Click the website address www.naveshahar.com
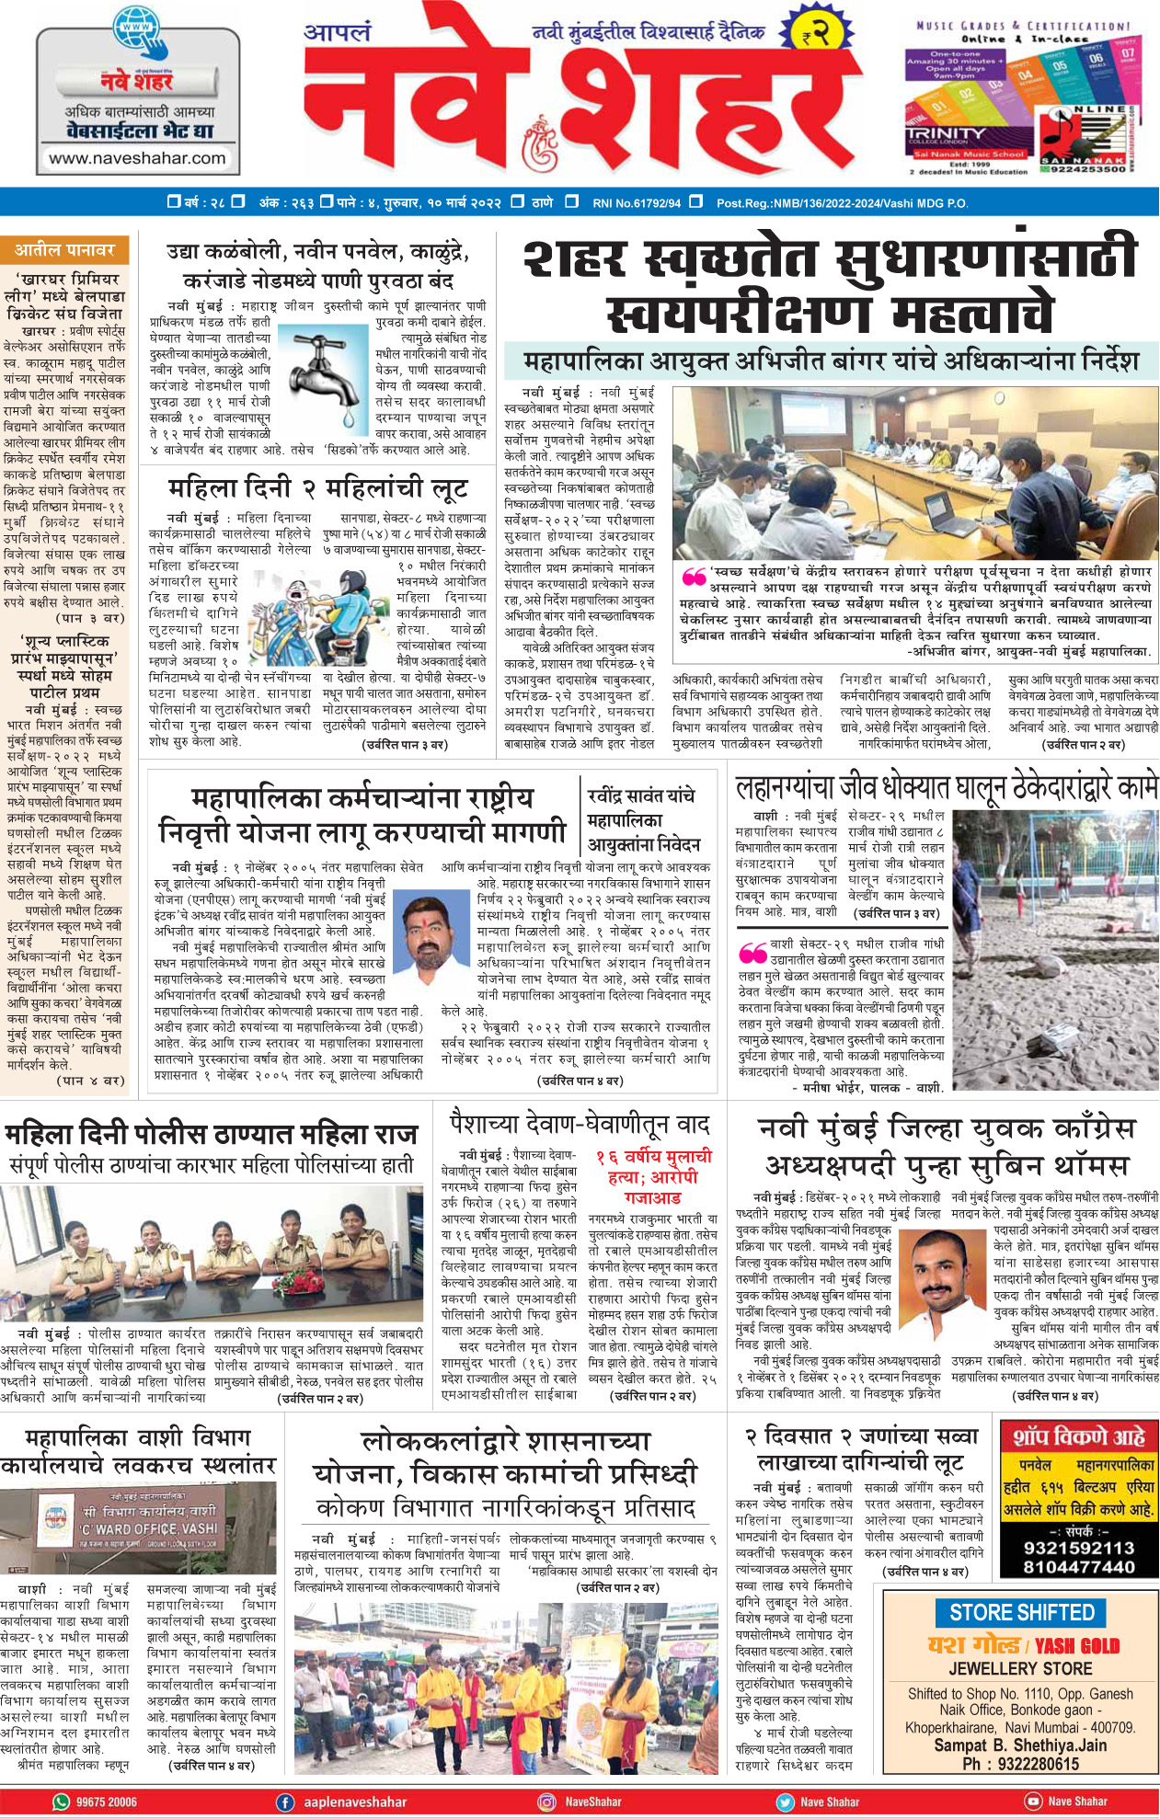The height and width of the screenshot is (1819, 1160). click(x=137, y=157)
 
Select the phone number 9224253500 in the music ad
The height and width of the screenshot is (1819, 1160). click(x=1088, y=169)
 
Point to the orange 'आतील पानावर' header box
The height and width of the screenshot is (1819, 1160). click(x=64, y=249)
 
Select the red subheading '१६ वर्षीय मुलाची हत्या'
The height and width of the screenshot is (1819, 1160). click(x=652, y=1167)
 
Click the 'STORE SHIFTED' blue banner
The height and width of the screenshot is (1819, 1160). click(x=1021, y=1612)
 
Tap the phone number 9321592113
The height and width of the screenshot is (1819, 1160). click(x=1079, y=1547)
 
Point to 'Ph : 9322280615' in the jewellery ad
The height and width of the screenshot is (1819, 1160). click(x=1020, y=1763)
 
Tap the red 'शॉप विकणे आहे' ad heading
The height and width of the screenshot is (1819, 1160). click(x=1079, y=1437)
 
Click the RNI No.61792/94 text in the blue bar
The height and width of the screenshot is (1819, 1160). click(x=637, y=202)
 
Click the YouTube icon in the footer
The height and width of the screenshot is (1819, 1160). click(x=1033, y=1802)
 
